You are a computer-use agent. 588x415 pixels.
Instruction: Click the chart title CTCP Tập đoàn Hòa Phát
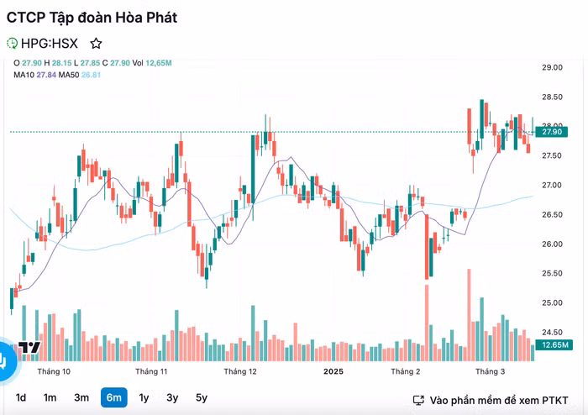tap(92, 17)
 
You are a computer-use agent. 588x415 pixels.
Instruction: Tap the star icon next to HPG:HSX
tap(96, 43)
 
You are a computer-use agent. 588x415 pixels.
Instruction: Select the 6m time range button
tap(114, 397)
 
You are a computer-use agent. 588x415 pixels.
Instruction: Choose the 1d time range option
tap(21, 397)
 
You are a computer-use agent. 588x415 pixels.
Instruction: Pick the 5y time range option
tap(202, 397)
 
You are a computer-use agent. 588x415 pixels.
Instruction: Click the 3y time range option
tap(172, 397)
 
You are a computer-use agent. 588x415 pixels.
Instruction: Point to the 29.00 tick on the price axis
tap(551, 67)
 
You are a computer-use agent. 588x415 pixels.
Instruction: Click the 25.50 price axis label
tap(551, 273)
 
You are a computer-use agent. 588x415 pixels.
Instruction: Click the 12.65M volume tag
tap(554, 345)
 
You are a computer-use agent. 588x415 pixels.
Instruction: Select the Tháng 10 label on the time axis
tap(54, 370)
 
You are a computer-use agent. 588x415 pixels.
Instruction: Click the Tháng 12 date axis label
tap(239, 370)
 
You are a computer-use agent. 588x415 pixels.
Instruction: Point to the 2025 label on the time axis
tap(334, 370)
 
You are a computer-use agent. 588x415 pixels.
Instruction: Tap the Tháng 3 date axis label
tap(491, 370)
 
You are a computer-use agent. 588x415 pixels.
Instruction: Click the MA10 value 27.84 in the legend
tap(45, 75)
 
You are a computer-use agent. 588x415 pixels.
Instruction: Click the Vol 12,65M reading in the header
tap(152, 63)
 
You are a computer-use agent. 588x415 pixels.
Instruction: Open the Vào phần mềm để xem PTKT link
tap(492, 400)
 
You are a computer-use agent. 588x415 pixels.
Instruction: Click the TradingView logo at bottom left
tap(29, 348)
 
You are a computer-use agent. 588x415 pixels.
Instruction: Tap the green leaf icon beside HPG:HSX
tap(12, 43)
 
